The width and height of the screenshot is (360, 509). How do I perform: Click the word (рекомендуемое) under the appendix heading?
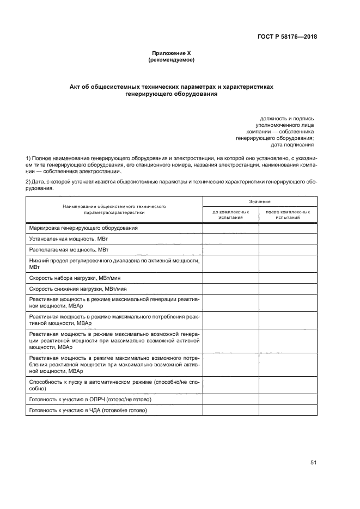coord(171,60)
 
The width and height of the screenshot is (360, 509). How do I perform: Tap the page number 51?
coord(313,463)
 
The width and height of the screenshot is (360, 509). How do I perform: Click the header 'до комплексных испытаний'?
coord(230,214)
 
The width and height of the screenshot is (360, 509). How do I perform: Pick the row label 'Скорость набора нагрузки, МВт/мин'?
coord(74,278)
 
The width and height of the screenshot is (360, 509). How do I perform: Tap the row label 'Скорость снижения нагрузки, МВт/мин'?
coord(78,289)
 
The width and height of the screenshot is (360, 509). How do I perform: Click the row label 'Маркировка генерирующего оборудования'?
coord(83,228)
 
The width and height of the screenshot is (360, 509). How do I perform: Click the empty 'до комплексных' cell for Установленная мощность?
coord(230,238)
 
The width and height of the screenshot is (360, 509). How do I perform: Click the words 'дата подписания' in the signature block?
coord(292,145)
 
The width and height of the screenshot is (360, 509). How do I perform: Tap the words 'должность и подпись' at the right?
coord(286,119)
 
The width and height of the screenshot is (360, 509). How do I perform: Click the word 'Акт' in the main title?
coord(76,87)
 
